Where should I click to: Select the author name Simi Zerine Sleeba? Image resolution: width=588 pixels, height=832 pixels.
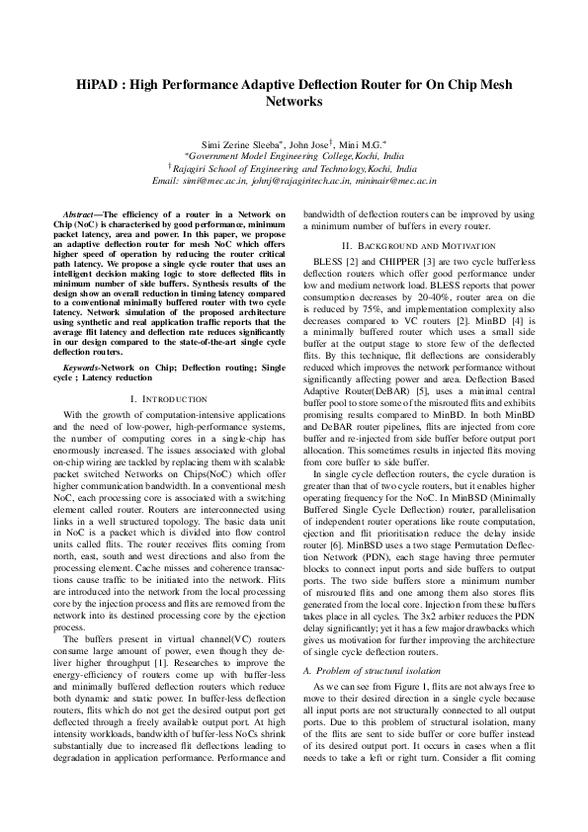pyautogui.click(x=241, y=144)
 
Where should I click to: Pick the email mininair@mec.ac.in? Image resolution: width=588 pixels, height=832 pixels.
pyautogui.click(x=399, y=181)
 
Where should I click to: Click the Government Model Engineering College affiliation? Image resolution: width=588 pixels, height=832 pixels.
pyautogui.click(x=294, y=157)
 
